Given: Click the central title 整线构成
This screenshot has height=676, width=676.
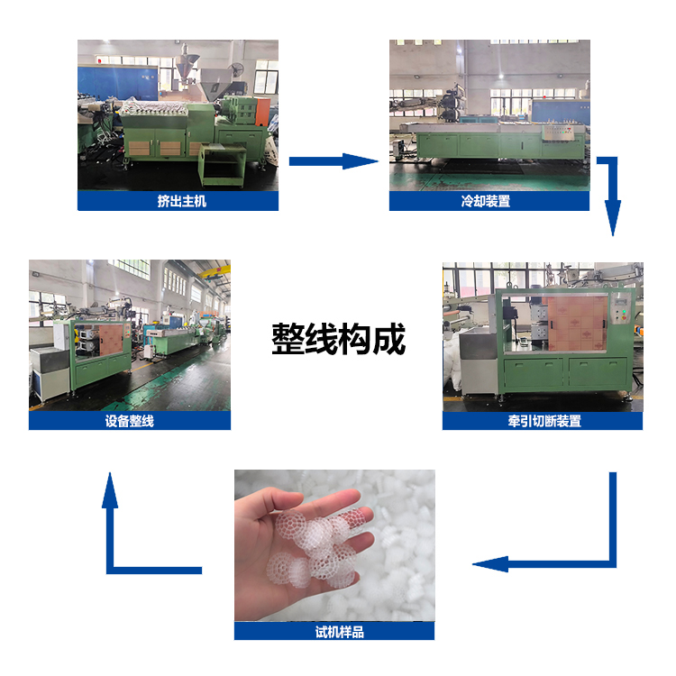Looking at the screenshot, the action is [338, 339].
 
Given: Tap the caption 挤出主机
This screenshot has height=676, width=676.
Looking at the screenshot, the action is [181, 201].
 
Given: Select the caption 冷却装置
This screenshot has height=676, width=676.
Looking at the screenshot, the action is [486, 201].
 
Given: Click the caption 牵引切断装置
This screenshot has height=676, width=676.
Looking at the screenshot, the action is [544, 421].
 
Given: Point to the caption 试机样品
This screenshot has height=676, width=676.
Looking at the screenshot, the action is [339, 632].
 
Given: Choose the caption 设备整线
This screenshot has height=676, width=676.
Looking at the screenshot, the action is [129, 421].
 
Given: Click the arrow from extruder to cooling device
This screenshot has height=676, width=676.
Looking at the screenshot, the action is [333, 161].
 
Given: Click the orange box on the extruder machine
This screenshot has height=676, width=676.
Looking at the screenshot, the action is [262, 112].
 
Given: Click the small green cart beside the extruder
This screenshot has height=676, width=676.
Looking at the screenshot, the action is [222, 166].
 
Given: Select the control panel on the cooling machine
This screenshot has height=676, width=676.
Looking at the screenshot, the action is [559, 132].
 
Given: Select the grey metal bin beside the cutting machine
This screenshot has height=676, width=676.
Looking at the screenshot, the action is [477, 361].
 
